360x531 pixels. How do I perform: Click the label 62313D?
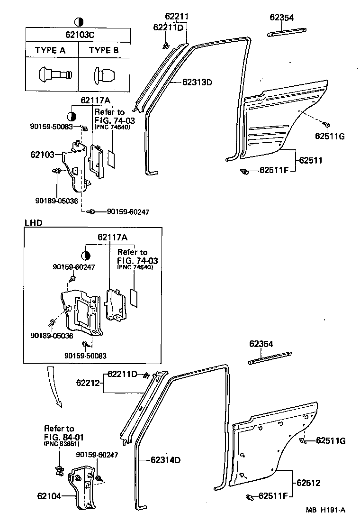click(197, 82)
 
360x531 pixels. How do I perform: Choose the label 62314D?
click(166, 459)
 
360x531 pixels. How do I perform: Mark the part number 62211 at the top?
click(177, 17)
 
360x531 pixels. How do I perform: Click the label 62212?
click(89, 382)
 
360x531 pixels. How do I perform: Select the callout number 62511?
click(310, 161)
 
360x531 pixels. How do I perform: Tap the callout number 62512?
click(309, 483)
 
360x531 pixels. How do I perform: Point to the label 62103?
click(42, 154)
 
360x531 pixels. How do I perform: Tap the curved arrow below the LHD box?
click(53, 384)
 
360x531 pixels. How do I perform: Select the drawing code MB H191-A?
click(325, 510)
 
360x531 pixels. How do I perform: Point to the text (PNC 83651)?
click(62, 444)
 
